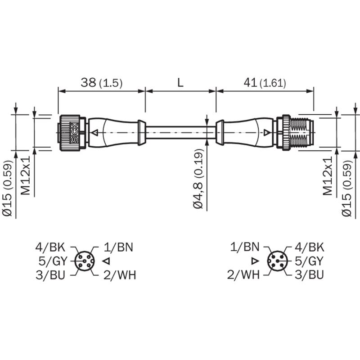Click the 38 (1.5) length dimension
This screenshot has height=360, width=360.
[102, 83]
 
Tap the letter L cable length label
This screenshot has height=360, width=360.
[181, 82]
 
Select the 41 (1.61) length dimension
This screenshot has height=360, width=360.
[265, 83]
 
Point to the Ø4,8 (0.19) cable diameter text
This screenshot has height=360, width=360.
[198, 179]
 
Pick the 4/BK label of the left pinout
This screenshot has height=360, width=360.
[50, 247]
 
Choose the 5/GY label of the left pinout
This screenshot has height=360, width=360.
[53, 261]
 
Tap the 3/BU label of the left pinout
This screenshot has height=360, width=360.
[50, 275]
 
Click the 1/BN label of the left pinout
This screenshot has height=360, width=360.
[118, 247]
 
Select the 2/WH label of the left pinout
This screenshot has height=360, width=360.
[120, 275]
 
